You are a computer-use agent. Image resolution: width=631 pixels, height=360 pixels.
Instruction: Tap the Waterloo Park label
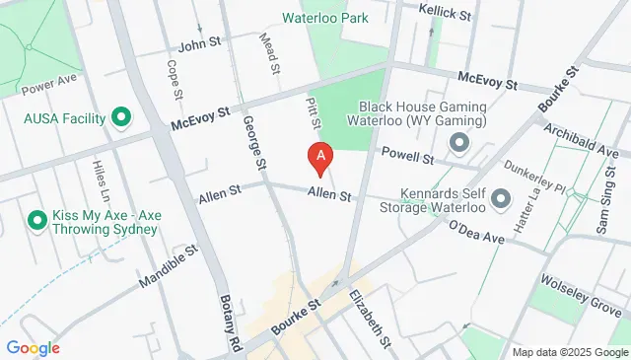click(x=324, y=18)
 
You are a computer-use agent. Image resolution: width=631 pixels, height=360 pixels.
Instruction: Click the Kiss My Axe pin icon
click(x=38, y=219)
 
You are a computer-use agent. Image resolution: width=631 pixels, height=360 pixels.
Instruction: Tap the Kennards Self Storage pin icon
click(x=500, y=200)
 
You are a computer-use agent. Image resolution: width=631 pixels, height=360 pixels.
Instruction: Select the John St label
click(x=197, y=45)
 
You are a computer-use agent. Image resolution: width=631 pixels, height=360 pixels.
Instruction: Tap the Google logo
click(x=33, y=347)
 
